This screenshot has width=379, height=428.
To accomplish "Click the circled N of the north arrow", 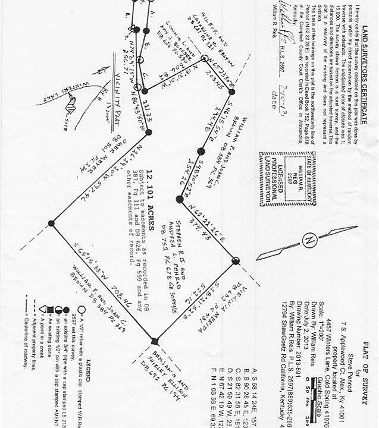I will [309, 241].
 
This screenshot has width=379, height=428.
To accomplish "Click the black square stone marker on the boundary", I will [155, 341].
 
